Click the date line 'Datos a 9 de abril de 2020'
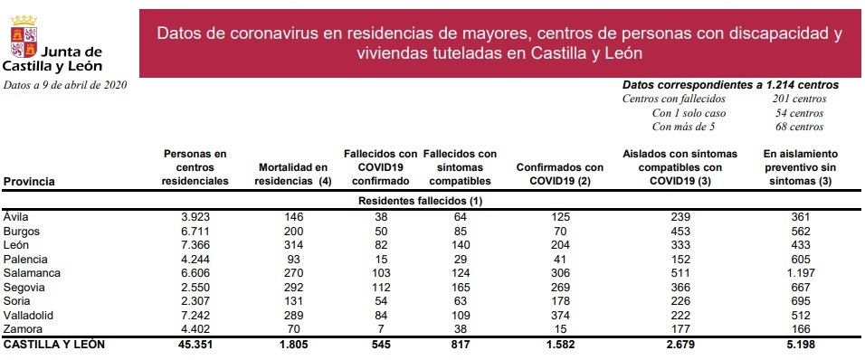pos(65,85)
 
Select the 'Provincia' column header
pos(30,182)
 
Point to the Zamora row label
pos(24,329)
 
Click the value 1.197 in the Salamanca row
pos(801,273)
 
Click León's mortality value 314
pos(295,245)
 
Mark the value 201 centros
pos(800,99)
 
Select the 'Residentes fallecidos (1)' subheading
pos(420,200)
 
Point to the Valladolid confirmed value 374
pos(559,316)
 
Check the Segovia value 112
pos(381,288)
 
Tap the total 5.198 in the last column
pos(801,345)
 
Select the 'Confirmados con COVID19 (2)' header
pos(559,175)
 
